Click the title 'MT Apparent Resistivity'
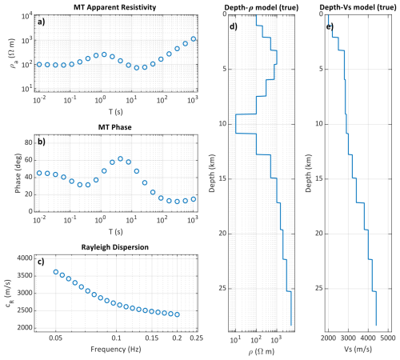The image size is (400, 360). (115, 7)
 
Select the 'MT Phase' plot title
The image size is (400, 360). (115, 127)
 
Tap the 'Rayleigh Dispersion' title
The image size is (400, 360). (115, 247)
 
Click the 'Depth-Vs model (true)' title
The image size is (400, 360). (358, 7)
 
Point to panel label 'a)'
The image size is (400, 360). (42, 22)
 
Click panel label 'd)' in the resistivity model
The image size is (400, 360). (234, 26)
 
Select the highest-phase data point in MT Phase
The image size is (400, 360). (120, 158)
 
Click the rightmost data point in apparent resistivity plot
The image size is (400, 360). (194, 39)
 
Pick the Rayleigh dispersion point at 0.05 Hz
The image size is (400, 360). (56, 272)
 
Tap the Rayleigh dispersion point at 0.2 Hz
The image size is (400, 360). (177, 314)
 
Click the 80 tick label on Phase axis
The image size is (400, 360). (28, 142)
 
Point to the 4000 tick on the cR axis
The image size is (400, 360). (25, 258)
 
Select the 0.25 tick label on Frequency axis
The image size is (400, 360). (197, 338)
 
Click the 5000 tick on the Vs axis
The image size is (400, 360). (388, 338)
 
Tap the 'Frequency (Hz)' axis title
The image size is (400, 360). (116, 349)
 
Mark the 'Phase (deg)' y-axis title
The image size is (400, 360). (18, 173)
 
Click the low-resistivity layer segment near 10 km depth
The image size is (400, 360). (236, 124)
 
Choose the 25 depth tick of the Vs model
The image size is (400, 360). (319, 288)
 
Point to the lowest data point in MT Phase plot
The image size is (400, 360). (177, 202)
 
